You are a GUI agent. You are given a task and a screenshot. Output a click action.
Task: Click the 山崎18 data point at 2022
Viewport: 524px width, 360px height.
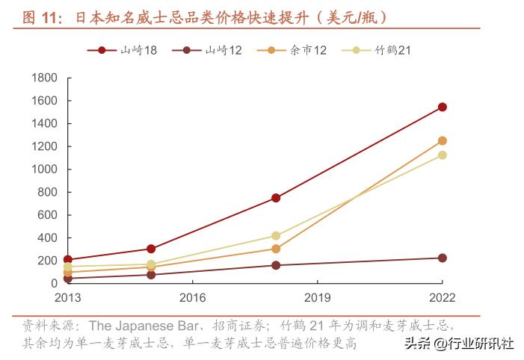click(443, 107)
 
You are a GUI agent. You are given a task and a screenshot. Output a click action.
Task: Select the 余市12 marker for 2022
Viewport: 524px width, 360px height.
click(443, 140)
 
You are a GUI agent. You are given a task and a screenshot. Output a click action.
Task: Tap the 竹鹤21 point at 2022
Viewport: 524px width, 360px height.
click(443, 155)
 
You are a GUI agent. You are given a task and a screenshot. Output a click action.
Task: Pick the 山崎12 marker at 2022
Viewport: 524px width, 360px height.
click(443, 258)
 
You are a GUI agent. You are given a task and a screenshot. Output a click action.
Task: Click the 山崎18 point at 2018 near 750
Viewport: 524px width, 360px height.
click(276, 198)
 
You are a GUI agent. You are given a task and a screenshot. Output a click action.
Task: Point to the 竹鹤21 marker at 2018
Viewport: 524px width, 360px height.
click(276, 235)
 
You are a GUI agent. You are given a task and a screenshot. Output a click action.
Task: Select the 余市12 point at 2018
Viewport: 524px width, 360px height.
click(276, 249)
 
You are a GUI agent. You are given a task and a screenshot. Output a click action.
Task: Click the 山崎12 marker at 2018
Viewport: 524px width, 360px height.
click(276, 265)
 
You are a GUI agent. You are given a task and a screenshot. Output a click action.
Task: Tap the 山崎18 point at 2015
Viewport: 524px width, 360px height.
click(151, 249)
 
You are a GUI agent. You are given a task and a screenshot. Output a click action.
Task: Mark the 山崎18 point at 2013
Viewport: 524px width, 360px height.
click(67, 259)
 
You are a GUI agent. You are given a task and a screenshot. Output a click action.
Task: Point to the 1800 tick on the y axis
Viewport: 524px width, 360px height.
click(46, 78)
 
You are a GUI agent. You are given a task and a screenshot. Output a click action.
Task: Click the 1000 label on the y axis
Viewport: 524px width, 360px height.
click(46, 170)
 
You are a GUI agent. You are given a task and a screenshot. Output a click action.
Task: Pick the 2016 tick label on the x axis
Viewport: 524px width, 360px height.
click(192, 297)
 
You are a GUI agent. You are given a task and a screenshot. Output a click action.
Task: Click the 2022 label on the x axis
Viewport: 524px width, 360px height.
click(442, 297)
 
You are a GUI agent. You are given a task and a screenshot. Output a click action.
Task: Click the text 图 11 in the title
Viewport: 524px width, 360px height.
click(40, 16)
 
